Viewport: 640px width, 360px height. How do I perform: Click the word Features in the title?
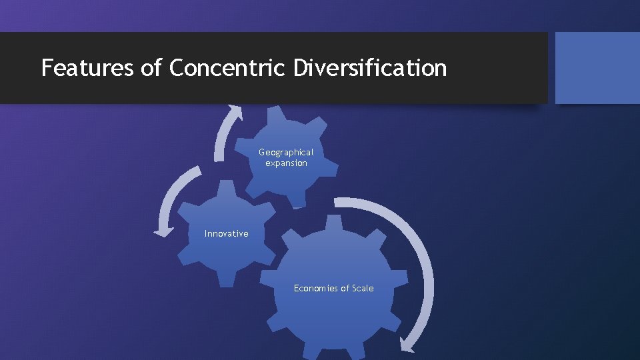(87, 67)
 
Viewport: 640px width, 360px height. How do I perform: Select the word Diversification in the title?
(369, 67)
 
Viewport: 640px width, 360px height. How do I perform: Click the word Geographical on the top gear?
(286, 152)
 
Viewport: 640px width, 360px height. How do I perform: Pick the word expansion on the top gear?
(286, 163)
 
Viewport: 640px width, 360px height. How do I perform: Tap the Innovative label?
(226, 233)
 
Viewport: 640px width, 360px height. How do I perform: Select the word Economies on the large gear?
(316, 288)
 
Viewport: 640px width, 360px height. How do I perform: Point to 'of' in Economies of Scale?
(345, 288)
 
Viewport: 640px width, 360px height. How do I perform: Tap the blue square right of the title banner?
(597, 68)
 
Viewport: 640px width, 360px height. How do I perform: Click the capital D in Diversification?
(299, 67)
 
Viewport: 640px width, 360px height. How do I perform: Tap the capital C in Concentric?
(177, 67)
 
